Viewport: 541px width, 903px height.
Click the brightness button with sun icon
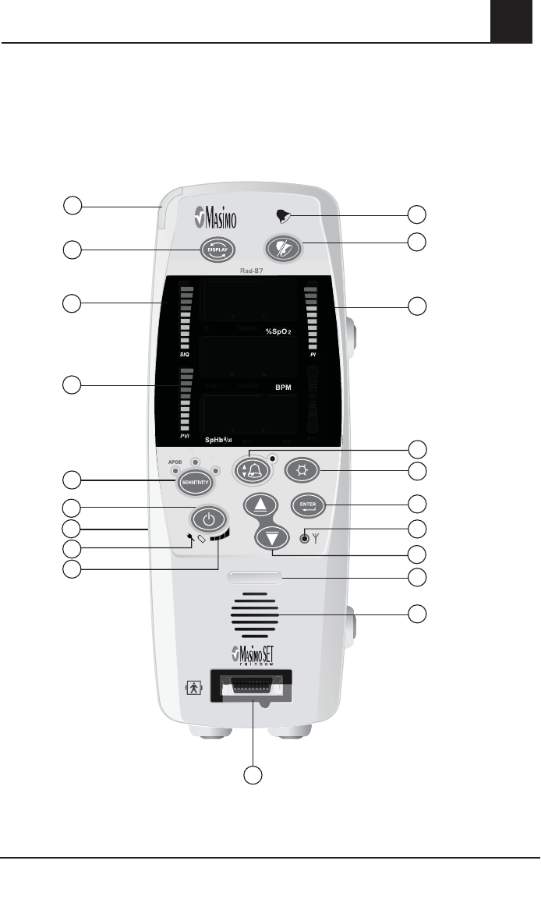pos(301,470)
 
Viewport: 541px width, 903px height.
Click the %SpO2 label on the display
pos(273,331)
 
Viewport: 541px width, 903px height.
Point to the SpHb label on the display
pos(219,440)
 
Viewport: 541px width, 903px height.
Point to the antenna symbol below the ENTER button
pos(315,537)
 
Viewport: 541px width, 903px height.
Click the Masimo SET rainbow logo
pos(255,653)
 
